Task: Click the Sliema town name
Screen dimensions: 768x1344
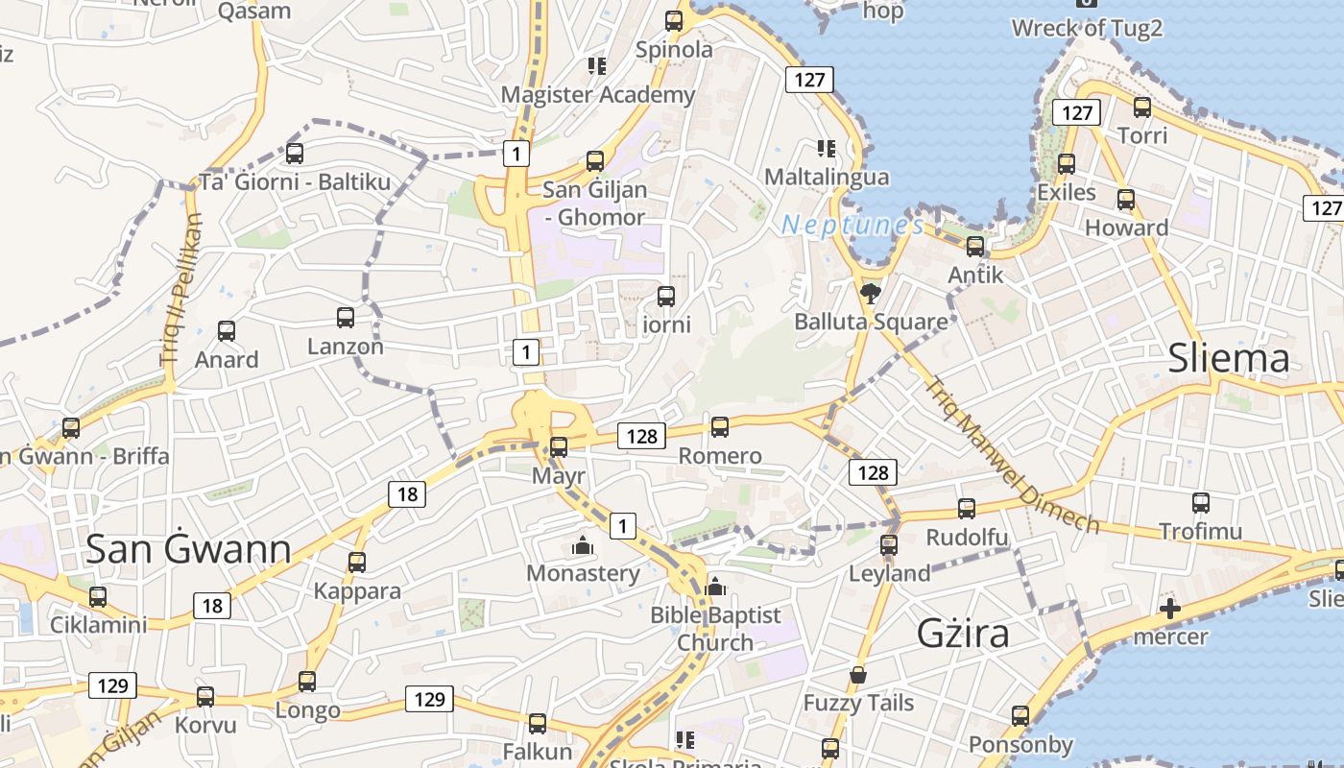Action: (x=1229, y=358)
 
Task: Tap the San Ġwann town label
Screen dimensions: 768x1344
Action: (x=188, y=549)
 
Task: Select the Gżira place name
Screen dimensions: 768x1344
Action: (x=963, y=634)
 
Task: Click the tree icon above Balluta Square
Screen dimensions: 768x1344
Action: (x=871, y=293)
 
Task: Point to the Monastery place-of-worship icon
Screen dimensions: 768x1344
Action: (x=582, y=545)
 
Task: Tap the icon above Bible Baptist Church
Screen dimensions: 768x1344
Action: (x=714, y=587)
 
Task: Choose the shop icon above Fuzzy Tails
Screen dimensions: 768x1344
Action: (x=858, y=675)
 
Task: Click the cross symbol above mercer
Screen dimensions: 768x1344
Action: (x=1169, y=608)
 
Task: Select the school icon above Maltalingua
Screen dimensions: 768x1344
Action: (x=826, y=148)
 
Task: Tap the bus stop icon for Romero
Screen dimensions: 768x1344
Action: (x=720, y=426)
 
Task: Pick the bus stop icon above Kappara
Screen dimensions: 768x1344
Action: (x=357, y=562)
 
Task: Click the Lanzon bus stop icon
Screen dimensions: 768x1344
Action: (x=346, y=317)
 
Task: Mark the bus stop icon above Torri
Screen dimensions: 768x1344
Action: (x=1142, y=107)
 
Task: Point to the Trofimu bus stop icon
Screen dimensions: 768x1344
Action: (x=1200, y=502)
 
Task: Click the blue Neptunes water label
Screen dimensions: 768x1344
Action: (x=852, y=226)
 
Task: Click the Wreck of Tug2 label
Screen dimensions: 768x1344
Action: (x=1087, y=28)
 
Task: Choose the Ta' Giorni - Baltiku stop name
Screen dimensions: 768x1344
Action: (x=295, y=181)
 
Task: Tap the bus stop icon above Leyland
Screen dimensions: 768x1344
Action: (x=889, y=544)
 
